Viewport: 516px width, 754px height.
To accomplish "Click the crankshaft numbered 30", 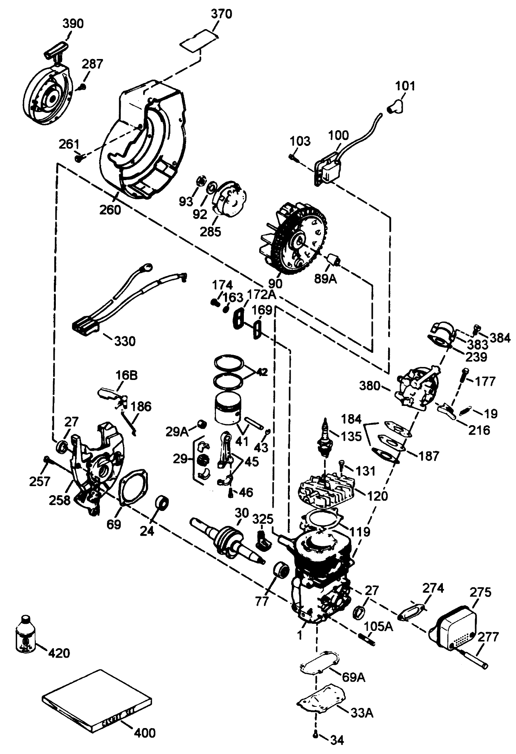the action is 227,540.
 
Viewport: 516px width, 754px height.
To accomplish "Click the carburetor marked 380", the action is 418,388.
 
